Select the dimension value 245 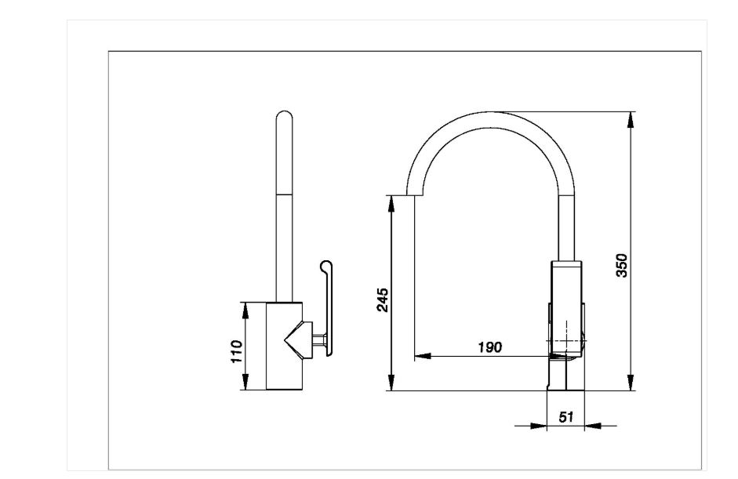coord(382,299)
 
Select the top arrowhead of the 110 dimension coord(246,308)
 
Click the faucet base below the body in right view coord(565,373)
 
